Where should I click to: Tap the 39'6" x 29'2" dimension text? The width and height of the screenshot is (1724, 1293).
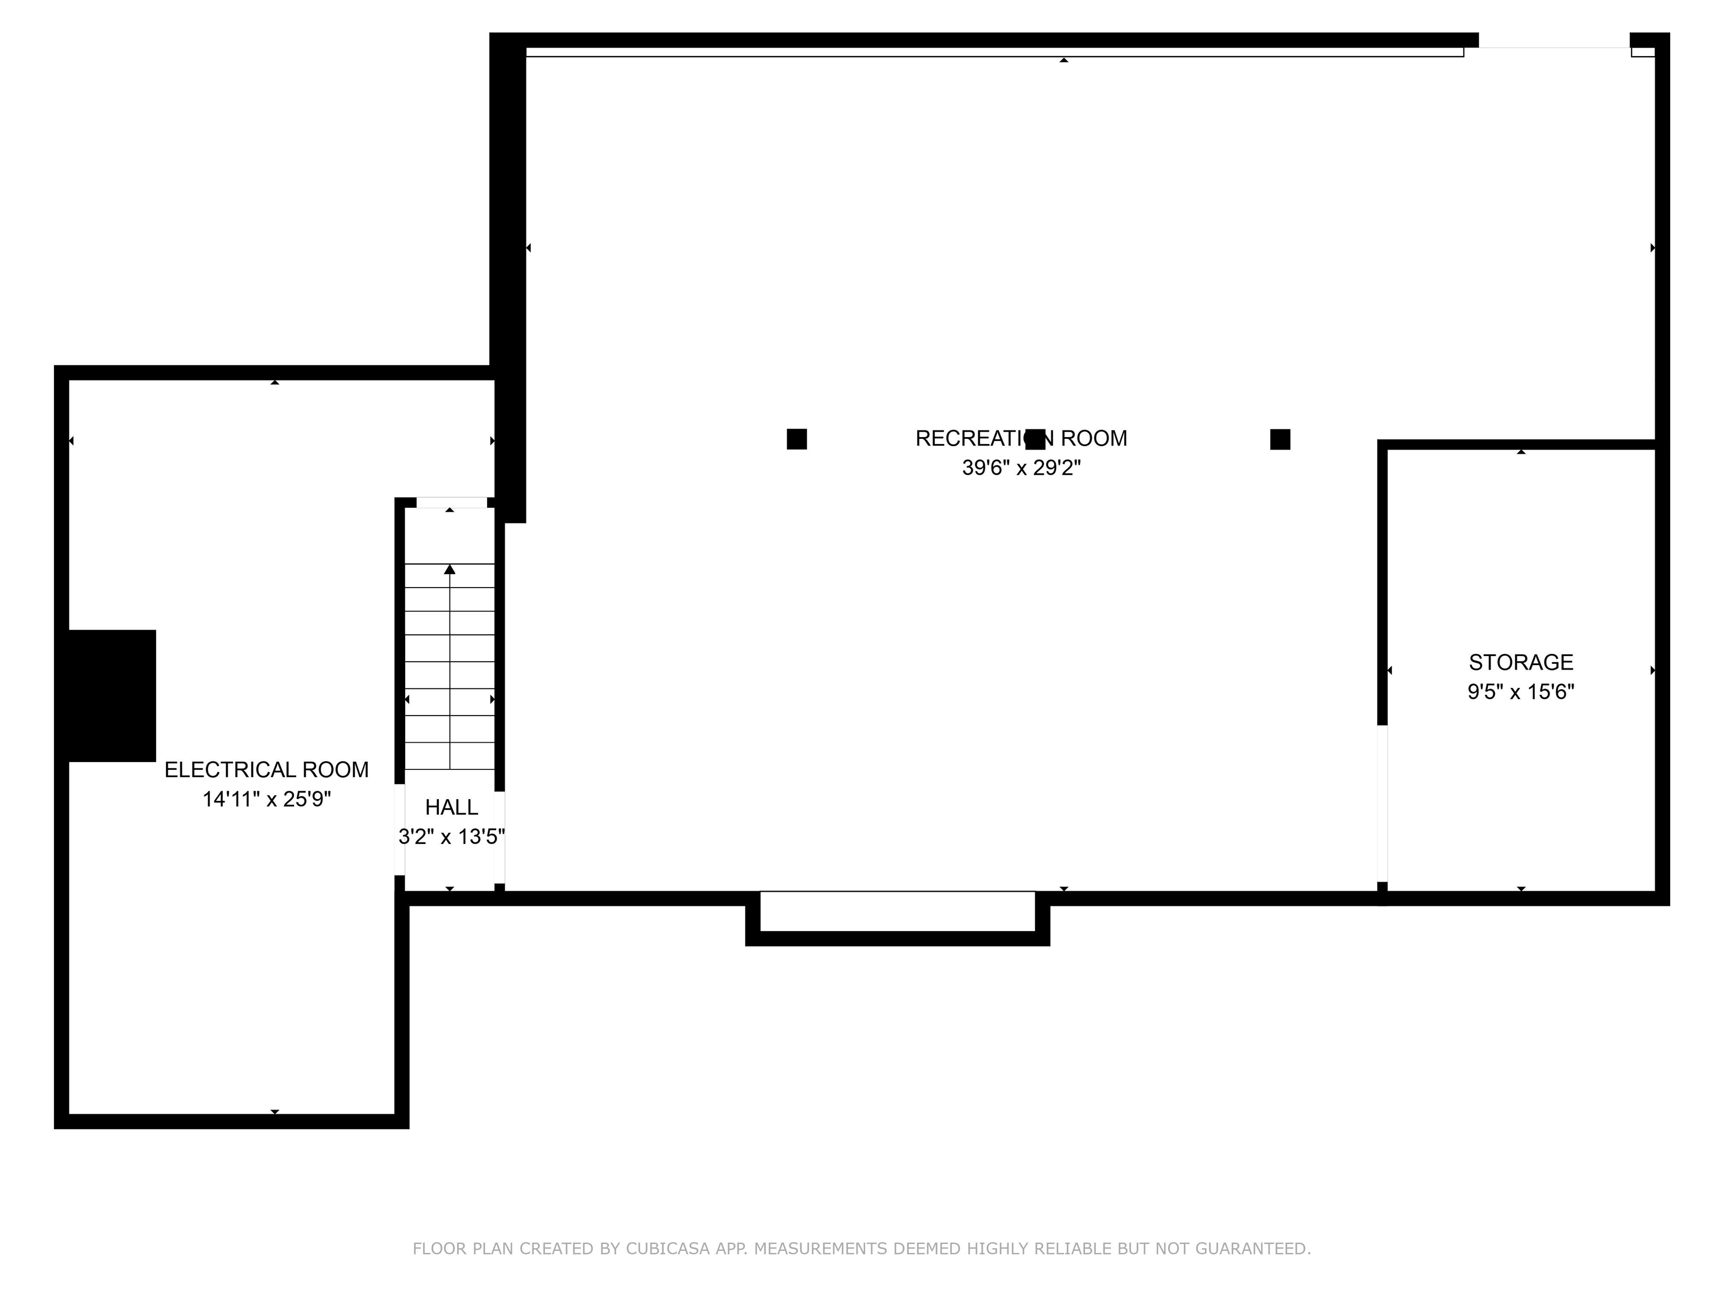pos(1021,467)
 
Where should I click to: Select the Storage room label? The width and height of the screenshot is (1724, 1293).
pos(1521,662)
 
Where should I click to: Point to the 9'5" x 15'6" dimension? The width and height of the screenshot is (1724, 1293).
pos(1521,691)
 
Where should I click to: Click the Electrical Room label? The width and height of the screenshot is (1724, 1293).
pos(267,769)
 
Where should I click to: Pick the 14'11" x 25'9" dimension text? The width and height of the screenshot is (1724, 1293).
pos(267,799)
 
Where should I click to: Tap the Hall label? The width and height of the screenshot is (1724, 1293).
pos(451,806)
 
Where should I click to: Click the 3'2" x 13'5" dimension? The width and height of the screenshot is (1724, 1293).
pos(451,836)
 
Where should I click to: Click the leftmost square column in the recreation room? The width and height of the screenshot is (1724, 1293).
pos(796,439)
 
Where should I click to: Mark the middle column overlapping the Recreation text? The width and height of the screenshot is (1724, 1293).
pos(1035,439)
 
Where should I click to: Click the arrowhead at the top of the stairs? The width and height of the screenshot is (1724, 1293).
pos(450,570)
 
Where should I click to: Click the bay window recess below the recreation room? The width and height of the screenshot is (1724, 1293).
pos(898,918)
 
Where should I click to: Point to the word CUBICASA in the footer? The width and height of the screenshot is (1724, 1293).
pos(667,1249)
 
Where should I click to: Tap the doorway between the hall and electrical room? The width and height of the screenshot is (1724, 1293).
pos(399,829)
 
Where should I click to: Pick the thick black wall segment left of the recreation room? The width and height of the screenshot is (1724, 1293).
pos(508,277)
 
